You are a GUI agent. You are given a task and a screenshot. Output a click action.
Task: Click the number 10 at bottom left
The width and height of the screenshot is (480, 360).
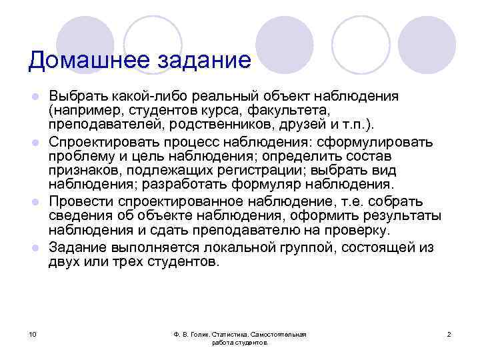point(33,333)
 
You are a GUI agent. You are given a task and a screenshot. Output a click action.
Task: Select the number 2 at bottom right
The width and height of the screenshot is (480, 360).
point(449,333)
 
